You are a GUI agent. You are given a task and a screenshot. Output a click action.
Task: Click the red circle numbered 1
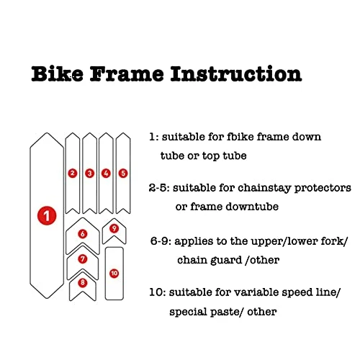point(47,215)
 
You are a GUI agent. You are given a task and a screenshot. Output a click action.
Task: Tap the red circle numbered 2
point(72,173)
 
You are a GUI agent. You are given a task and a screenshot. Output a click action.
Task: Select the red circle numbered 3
point(89,173)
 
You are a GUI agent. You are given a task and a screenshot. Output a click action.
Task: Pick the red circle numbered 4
point(106,173)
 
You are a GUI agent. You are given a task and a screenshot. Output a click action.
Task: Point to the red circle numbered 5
point(122,173)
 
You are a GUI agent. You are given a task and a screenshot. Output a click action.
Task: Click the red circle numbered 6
point(83,234)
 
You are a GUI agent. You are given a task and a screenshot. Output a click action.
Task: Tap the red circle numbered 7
point(83,258)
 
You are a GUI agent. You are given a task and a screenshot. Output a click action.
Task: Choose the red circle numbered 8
point(83,283)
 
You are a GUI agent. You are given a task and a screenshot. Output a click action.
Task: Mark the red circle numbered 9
point(114,230)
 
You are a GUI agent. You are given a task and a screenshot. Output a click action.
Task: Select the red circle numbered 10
point(114,274)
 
